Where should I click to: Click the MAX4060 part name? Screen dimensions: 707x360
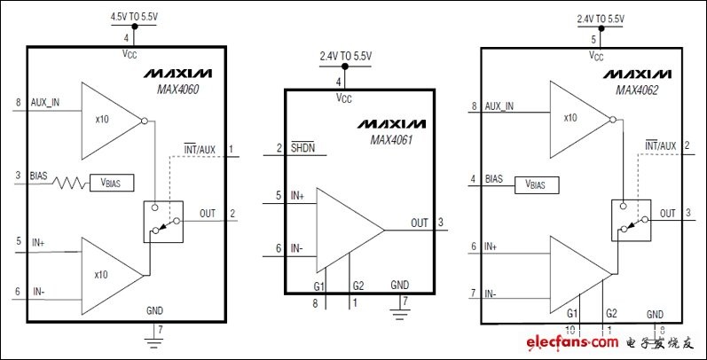[x=178, y=89]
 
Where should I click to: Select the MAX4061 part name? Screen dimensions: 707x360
[x=391, y=140]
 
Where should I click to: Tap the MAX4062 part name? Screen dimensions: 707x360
[x=637, y=90]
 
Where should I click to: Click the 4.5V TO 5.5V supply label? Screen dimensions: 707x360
[x=134, y=17]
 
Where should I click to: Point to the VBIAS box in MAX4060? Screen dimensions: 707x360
[x=112, y=183]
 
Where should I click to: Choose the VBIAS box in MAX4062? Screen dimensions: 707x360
[x=537, y=184]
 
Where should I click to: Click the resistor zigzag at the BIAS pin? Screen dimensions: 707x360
[x=69, y=183]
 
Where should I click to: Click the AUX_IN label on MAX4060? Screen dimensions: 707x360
[x=44, y=102]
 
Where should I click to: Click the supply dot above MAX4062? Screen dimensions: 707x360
[x=601, y=27]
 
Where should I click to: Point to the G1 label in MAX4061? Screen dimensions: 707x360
[x=319, y=286]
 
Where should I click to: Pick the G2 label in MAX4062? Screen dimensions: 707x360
[x=612, y=313]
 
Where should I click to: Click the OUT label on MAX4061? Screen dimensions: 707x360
[x=420, y=223]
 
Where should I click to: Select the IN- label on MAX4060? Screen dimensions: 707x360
[x=39, y=292]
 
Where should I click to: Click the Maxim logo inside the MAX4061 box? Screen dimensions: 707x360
[x=391, y=123]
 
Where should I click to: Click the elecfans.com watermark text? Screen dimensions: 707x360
[x=572, y=342]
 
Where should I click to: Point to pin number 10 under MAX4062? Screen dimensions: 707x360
[x=570, y=330]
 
